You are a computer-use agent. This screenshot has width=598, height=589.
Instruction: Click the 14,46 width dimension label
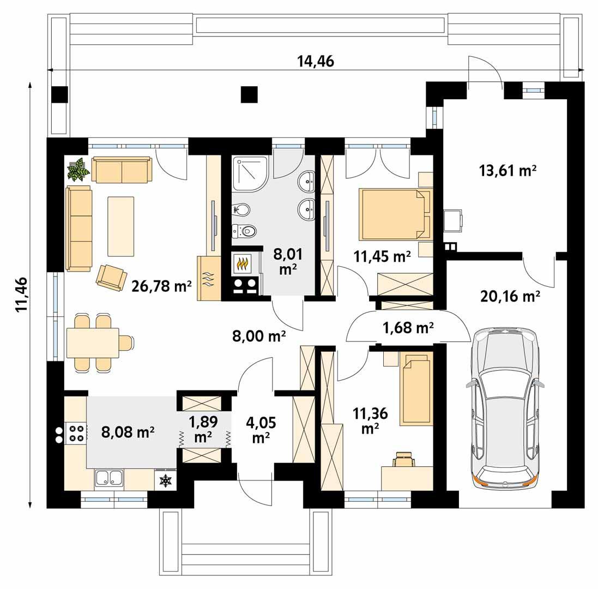[316, 61]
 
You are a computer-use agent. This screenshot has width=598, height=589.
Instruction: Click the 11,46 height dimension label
[21, 294]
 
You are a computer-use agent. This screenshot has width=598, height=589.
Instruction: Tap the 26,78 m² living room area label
[161, 286]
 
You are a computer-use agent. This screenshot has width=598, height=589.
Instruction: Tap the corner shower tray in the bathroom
[250, 173]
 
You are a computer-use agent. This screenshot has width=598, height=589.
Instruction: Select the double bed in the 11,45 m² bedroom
[394, 214]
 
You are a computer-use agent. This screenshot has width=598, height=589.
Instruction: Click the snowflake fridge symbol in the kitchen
[166, 480]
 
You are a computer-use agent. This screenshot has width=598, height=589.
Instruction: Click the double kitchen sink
[109, 478]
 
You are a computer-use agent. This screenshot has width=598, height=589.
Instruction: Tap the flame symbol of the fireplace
[243, 263]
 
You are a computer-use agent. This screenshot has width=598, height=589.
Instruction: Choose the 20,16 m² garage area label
[510, 296]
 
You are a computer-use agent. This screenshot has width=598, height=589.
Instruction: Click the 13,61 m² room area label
[508, 171]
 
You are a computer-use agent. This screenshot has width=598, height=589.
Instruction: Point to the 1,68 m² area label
[408, 327]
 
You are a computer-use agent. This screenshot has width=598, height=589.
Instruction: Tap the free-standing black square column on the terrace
[249, 94]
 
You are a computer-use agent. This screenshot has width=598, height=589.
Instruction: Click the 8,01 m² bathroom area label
[288, 261]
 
